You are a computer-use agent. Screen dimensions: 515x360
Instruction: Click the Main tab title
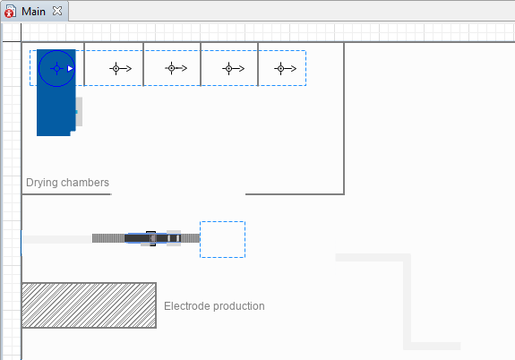tap(33, 12)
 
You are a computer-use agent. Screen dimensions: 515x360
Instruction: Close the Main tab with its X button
tap(57, 11)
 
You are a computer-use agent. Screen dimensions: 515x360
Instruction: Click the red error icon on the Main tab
tap(10, 12)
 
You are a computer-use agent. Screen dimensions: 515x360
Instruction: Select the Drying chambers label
tap(67, 183)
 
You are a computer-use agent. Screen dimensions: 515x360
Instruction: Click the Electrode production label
tap(214, 306)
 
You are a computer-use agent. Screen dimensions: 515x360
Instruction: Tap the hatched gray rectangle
tap(89, 305)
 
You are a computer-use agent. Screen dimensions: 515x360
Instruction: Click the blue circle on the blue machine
tap(56, 50)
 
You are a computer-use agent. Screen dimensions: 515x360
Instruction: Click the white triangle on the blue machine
tap(70, 68)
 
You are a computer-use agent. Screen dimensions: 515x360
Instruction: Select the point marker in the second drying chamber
tap(116, 69)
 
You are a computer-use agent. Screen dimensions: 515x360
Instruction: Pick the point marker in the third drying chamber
tap(171, 68)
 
